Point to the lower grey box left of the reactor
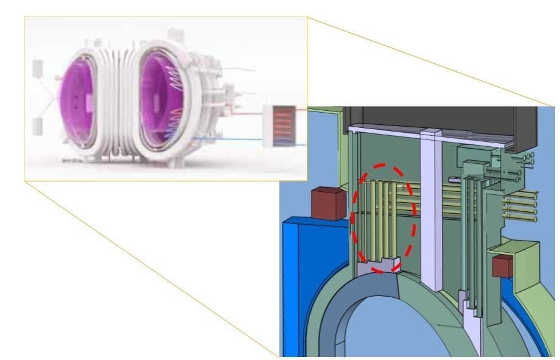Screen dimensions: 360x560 pyautogui.click(x=37, y=127)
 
